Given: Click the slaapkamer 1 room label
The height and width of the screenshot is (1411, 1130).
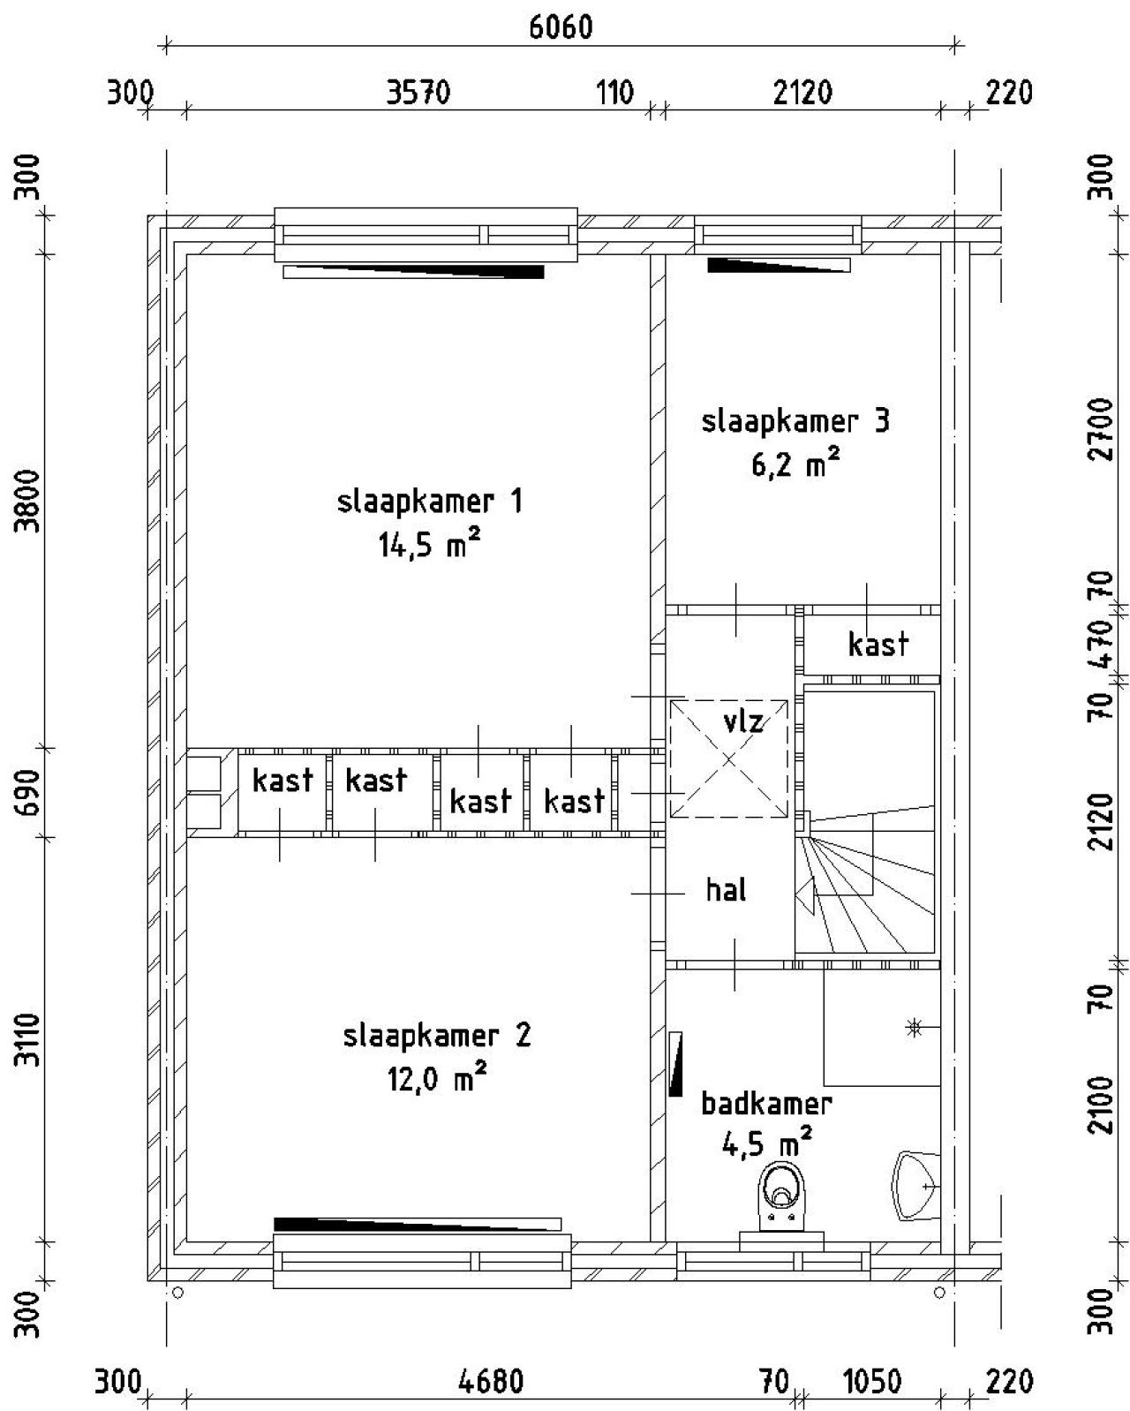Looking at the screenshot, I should click(430, 502).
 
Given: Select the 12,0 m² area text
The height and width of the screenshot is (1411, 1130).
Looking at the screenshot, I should click(437, 1079).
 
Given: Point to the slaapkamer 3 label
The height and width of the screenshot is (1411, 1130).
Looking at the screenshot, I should click(795, 421).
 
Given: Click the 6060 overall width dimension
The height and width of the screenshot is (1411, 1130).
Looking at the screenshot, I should click(561, 27).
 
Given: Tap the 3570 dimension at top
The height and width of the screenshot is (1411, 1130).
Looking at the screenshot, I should click(418, 92).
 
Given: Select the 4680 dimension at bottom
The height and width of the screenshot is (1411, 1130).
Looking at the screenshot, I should click(491, 1381).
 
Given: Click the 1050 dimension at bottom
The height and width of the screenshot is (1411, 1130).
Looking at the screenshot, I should click(872, 1381).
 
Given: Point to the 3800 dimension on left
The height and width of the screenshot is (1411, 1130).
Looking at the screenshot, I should click(30, 500).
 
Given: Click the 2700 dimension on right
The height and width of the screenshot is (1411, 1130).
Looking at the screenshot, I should click(1100, 429).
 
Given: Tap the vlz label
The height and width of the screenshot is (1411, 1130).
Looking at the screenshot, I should click(742, 721).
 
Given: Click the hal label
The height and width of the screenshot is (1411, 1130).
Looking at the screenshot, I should click(726, 889).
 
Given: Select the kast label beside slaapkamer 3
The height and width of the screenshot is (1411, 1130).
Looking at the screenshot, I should click(878, 645).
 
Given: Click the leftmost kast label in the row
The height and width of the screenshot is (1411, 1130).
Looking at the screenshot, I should click(282, 780).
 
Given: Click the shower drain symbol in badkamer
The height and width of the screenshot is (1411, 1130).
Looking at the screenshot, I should click(914, 1027).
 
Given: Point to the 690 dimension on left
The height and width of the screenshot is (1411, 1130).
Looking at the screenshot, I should click(30, 791).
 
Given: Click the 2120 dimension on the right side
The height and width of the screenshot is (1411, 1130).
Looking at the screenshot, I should click(1100, 821).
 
